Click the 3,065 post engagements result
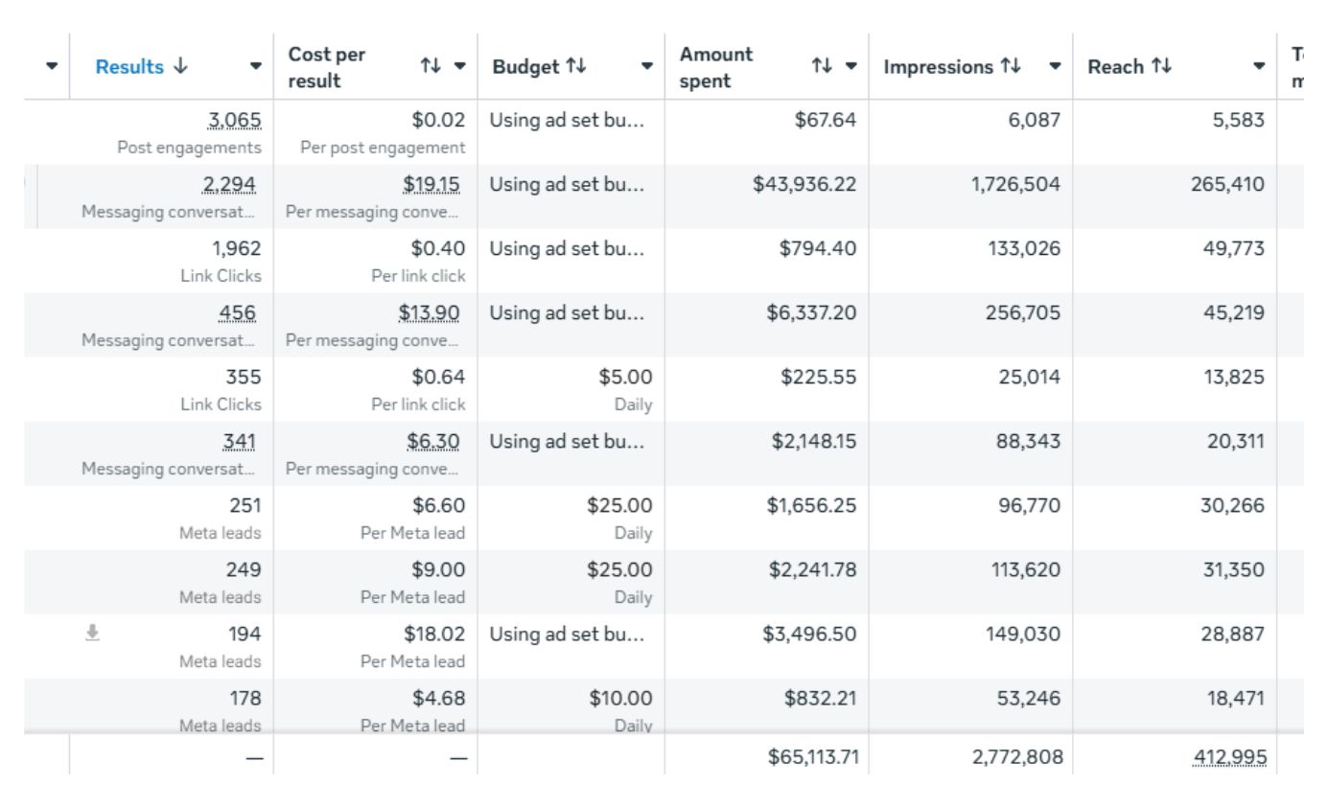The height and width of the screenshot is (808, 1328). [235, 121]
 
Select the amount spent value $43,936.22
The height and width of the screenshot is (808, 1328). [804, 185]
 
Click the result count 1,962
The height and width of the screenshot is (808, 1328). [237, 249]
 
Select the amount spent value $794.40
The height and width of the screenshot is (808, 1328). [817, 249]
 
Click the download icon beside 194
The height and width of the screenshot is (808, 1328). [92, 632]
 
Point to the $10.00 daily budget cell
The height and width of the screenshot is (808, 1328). [620, 699]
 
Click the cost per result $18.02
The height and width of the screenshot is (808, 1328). [432, 635]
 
